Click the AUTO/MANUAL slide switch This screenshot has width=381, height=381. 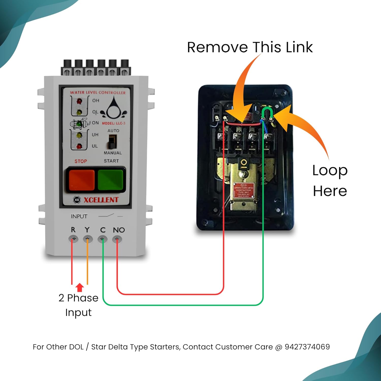[x=112, y=141]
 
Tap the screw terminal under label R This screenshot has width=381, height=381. [x=73, y=239]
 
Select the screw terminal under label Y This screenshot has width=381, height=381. [x=88, y=239]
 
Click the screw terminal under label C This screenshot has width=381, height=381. [x=102, y=239]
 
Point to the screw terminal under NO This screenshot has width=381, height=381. [x=117, y=239]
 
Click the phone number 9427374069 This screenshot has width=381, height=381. [x=307, y=347]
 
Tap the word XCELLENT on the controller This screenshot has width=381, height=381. [x=101, y=200]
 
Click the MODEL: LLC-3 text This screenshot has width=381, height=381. [x=114, y=123]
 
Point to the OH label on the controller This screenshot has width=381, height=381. [x=96, y=101]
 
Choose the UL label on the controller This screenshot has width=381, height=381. [x=95, y=146]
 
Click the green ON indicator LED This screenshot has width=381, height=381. [x=79, y=124]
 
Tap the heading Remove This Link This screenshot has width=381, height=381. [x=250, y=47]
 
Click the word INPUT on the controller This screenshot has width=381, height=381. [x=79, y=216]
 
